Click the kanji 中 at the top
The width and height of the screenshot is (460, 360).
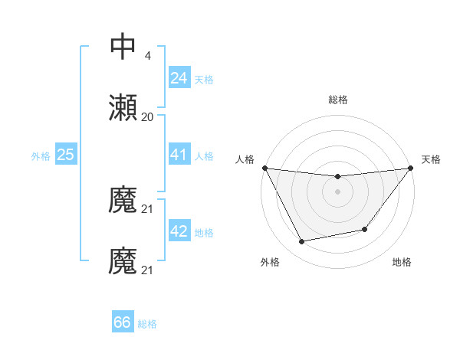pos(123,47)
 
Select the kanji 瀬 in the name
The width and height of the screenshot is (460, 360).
pos(123,108)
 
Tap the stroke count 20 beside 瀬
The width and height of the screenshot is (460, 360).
pos(147,117)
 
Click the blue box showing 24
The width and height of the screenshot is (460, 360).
pos(179,78)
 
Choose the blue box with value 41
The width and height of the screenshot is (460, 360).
pos(179,155)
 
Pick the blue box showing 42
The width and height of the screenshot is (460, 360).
pos(179,231)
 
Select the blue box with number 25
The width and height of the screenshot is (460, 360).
pos(65,155)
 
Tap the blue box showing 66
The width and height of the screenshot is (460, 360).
pos(122,323)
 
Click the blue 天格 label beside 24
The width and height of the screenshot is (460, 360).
pos(204,79)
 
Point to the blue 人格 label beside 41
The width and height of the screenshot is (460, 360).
pos(204,155)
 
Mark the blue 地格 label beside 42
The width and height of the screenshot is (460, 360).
pos(204,232)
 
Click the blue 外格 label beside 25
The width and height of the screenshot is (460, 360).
pos(41,155)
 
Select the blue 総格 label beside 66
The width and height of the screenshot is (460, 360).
pos(147,324)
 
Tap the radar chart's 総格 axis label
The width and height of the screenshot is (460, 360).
pos(337,100)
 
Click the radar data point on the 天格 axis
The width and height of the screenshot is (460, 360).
pos(410,168)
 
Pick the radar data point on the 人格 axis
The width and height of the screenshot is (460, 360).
pos(264,168)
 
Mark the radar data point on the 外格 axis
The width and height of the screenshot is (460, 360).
pos(301,242)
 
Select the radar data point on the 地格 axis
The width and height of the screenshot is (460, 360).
pos(365,229)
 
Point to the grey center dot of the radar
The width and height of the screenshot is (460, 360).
pos(337,191)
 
